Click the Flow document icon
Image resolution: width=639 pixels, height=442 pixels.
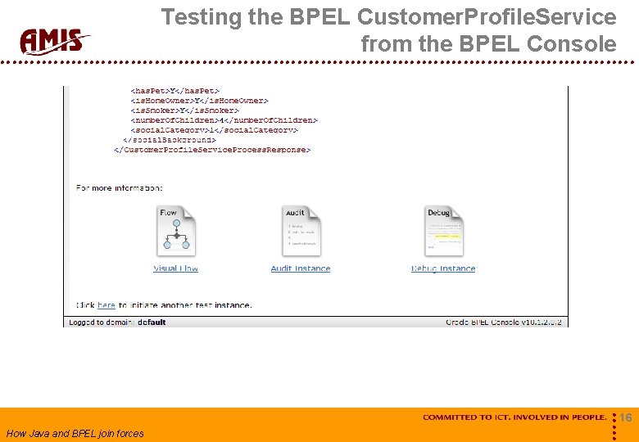pyautogui.click(x=176, y=232)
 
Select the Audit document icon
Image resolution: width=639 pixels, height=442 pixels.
pyautogui.click(x=301, y=232)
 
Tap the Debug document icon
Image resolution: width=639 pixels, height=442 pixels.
pyautogui.click(x=443, y=232)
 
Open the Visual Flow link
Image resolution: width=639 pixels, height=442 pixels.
pyautogui.click(x=175, y=268)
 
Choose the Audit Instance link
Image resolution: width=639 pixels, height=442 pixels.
pyautogui.click(x=301, y=268)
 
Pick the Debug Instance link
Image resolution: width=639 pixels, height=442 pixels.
pyautogui.click(x=443, y=268)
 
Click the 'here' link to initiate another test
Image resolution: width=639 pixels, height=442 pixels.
pyautogui.click(x=106, y=305)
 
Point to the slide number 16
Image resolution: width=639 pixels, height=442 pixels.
pyautogui.click(x=625, y=418)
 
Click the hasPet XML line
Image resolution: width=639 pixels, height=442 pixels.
pyautogui.click(x=175, y=91)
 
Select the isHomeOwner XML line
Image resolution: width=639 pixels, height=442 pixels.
pyautogui.click(x=199, y=101)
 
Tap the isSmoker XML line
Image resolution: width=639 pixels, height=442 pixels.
pyautogui.click(x=184, y=110)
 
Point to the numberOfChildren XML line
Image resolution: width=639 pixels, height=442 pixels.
pyautogui.click(x=224, y=120)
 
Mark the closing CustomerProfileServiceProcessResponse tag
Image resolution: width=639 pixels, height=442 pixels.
pyautogui.click(x=212, y=150)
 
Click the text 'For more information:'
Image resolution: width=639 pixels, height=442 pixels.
pyautogui.click(x=120, y=188)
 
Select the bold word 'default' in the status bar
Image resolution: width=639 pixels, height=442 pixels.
pyautogui.click(x=152, y=322)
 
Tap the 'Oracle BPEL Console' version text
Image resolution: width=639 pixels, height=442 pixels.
pyautogui.click(x=505, y=322)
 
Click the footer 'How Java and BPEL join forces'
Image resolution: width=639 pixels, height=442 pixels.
pyautogui.click(x=75, y=434)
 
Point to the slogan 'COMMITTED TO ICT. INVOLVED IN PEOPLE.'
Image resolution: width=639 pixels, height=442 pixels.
pyautogui.click(x=514, y=417)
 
